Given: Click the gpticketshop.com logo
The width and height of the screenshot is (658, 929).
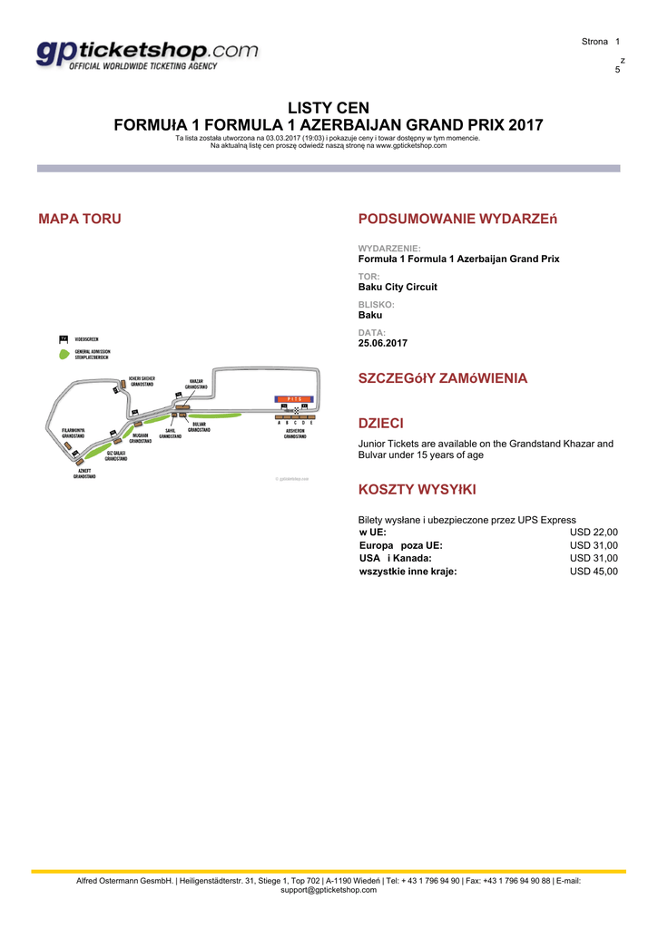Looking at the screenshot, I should point(148,54).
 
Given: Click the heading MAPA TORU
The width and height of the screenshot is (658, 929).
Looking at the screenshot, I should point(80,219).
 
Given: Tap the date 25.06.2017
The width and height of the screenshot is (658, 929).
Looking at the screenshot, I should point(383,344).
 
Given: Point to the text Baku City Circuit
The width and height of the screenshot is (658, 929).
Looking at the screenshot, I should point(398,287).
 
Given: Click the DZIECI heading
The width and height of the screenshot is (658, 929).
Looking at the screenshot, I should point(381,424).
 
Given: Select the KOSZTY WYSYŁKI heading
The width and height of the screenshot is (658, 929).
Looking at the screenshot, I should point(417,490).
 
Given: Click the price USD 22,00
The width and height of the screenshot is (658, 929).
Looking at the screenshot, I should point(594,533).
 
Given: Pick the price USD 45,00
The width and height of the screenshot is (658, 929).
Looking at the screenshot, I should point(594,572).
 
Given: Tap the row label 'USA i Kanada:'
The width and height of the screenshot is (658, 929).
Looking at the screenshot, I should point(396,559).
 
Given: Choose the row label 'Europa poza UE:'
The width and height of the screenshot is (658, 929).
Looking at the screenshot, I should point(401,545).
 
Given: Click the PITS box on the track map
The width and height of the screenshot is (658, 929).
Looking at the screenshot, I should point(293,398).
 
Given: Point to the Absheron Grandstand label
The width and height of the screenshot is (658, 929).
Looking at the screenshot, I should point(294,434).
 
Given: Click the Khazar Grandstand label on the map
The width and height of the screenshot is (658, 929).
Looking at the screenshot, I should point(196,384).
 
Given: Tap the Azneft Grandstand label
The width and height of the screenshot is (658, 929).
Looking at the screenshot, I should point(84,474).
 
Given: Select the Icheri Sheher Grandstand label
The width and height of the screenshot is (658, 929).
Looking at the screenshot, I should point(142,381).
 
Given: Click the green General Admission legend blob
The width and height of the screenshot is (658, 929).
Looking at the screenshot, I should point(64,355).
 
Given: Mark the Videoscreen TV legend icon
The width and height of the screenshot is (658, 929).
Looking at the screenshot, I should point(64,338).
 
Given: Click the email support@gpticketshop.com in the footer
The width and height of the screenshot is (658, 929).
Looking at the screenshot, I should point(329,890).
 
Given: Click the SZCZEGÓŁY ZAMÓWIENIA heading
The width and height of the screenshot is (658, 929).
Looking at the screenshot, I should point(443,378).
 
